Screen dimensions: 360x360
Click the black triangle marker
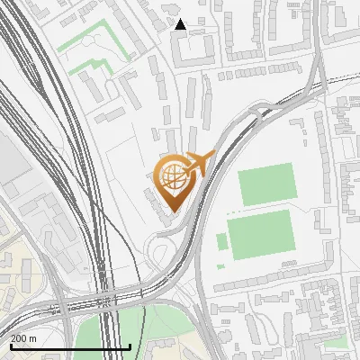(181, 24)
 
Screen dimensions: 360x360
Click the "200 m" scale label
(23, 337)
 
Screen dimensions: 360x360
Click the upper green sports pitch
(267, 184)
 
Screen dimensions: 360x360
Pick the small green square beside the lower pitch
(221, 241)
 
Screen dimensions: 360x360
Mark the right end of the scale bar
(130, 346)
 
